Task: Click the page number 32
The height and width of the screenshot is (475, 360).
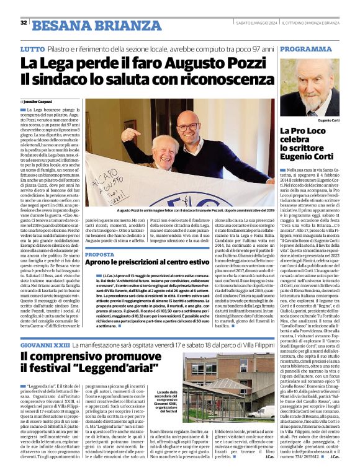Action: pyautogui.click(x=24, y=22)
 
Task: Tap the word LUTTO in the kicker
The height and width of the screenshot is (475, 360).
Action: pyautogui.click(x=32, y=48)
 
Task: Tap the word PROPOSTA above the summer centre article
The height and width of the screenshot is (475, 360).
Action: pyautogui.click(x=99, y=254)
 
